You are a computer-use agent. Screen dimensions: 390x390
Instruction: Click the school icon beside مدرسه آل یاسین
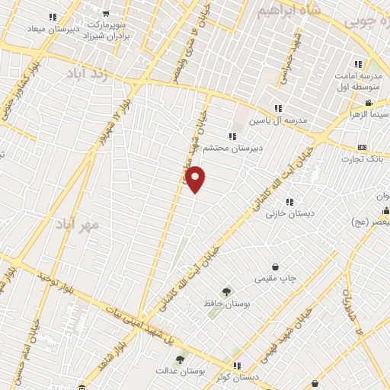click(279, 108)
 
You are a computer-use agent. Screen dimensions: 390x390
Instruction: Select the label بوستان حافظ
click(226, 304)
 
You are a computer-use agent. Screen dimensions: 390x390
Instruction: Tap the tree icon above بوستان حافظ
click(226, 291)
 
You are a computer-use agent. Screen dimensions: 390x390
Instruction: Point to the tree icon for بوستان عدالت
click(180, 360)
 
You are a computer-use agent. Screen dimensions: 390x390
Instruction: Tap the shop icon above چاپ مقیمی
click(275, 267)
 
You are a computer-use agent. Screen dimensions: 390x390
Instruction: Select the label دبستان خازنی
click(286, 214)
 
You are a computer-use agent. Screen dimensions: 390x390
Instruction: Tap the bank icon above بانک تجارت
click(363, 147)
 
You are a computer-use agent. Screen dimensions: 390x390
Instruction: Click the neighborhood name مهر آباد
click(78, 225)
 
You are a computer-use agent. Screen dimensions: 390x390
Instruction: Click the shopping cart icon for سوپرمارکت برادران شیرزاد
click(105, 13)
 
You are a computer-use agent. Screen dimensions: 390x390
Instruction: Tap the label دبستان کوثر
click(257, 378)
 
